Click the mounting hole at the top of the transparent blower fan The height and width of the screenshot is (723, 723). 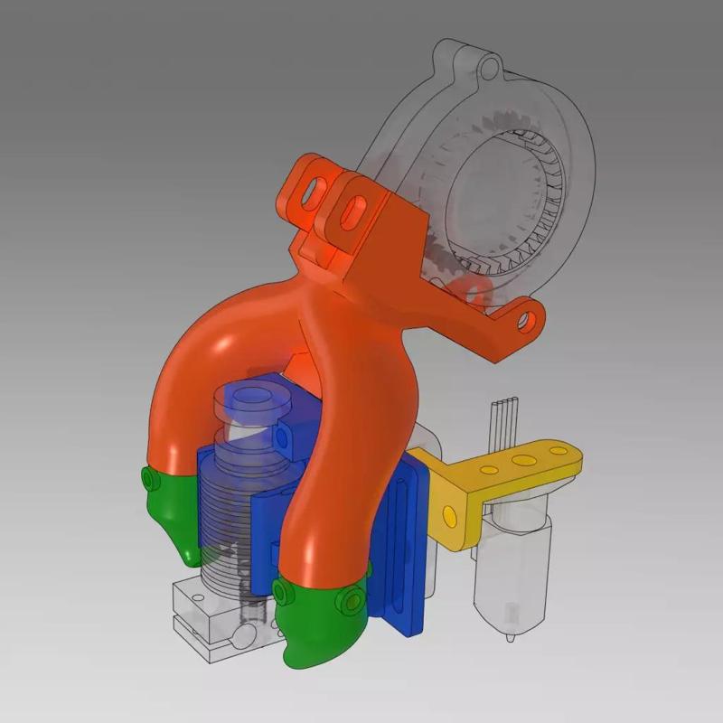pyautogui.click(x=488, y=68)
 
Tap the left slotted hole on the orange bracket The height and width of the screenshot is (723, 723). pyautogui.click(x=315, y=191)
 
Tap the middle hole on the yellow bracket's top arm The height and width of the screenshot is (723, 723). pyautogui.click(x=521, y=462)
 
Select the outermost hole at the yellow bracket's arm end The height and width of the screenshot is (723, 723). pyautogui.click(x=561, y=452)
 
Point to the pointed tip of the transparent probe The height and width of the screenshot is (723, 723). pyautogui.click(x=512, y=636)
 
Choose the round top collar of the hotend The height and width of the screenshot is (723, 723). pyautogui.click(x=248, y=399)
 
